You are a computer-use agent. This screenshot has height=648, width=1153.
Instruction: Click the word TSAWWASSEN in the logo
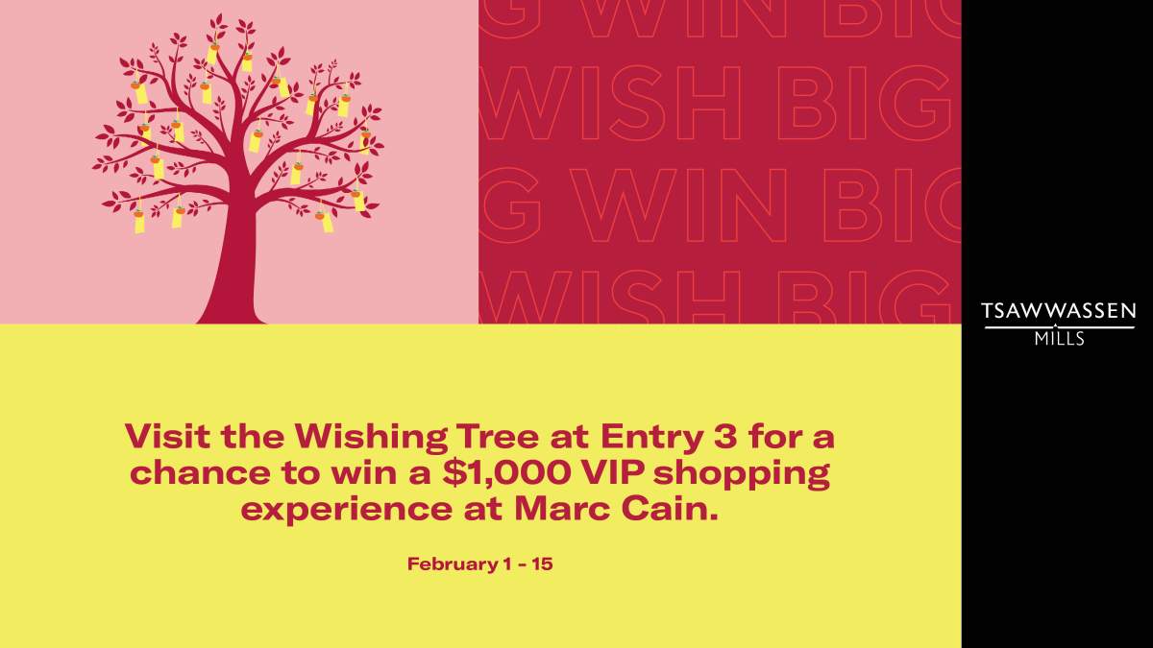(1059, 311)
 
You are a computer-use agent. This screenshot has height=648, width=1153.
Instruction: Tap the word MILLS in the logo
(1059, 339)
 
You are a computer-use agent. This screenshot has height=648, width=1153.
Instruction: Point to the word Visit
(167, 438)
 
